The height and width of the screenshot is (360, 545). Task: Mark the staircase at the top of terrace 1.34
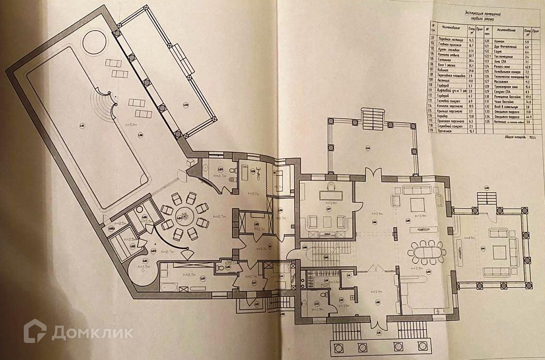pos(372,118)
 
